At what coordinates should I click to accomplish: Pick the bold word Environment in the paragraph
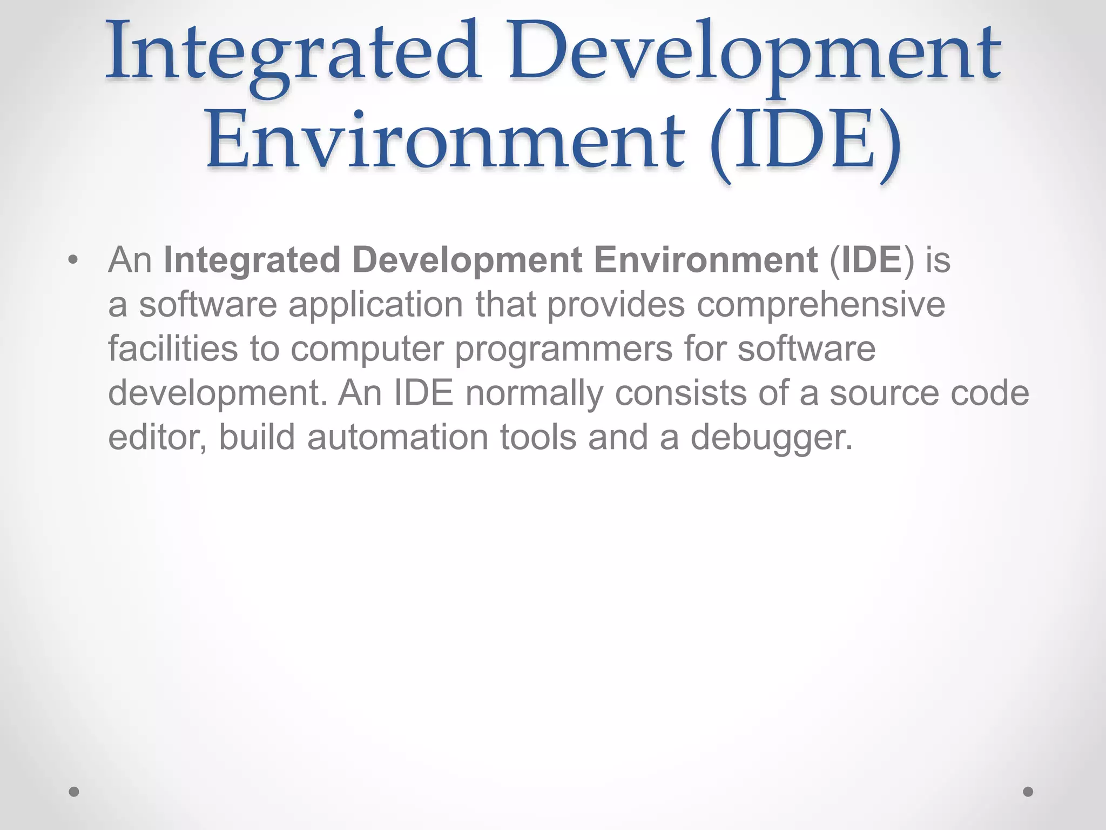[x=705, y=260]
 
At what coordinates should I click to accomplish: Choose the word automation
[x=397, y=437]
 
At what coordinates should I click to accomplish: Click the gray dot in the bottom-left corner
[x=74, y=792]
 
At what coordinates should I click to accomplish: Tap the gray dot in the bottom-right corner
[x=1028, y=792]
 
